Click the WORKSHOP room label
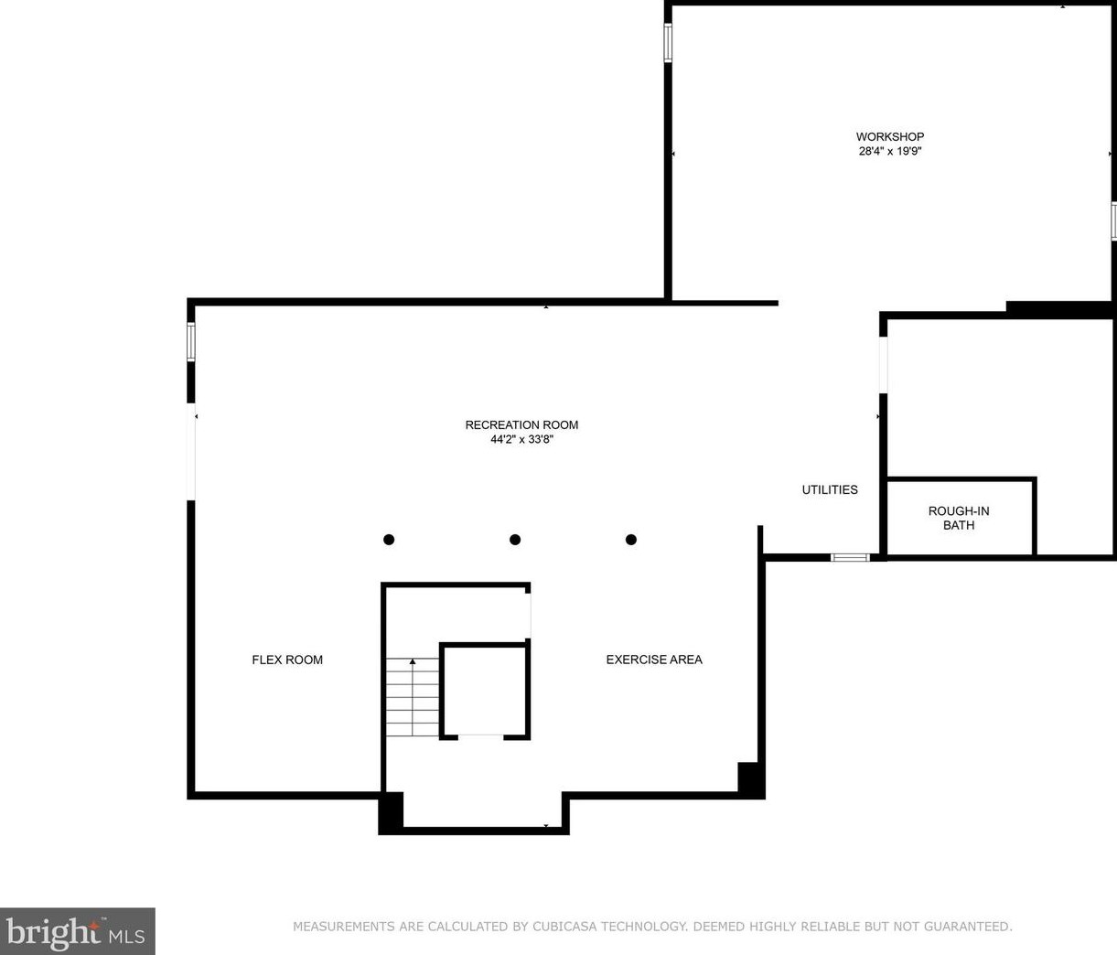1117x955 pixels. tap(889, 137)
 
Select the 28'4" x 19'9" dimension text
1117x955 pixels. tap(889, 152)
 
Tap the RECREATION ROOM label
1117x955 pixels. tap(521, 424)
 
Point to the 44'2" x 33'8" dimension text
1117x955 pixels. tap(521, 439)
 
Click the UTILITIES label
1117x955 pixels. tap(830, 490)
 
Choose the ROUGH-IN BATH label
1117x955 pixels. tap(958, 518)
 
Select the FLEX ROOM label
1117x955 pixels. tap(287, 660)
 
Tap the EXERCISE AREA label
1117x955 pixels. tap(654, 660)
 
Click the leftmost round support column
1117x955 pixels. tap(389, 540)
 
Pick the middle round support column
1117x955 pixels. tap(515, 540)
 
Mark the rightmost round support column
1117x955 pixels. tap(631, 540)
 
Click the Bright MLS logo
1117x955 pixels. tap(77, 931)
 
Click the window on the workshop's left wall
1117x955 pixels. tap(668, 42)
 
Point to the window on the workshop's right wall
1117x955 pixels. tap(1113, 220)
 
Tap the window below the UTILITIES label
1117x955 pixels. tap(850, 557)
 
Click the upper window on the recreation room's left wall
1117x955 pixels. tap(191, 341)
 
